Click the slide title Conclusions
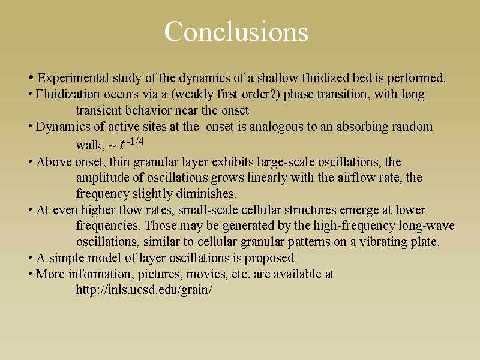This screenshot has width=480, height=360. tap(236, 32)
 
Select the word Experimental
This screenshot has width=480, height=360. tap(73, 78)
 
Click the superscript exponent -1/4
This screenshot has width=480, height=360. tap(135, 141)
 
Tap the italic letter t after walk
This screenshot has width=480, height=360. tap(122, 145)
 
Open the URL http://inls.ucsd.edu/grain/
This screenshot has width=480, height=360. tap(144, 290)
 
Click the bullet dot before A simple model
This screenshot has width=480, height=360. tap(31, 257)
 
